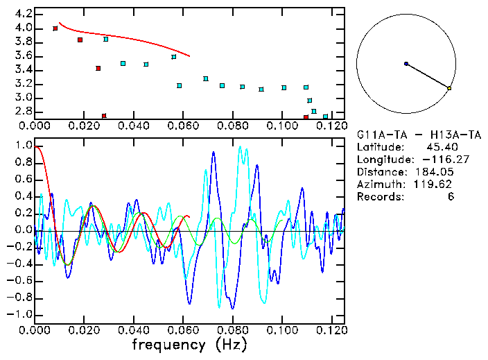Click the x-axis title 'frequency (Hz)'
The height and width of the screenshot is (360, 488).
tap(189, 345)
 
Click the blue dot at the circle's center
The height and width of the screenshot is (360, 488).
tap(406, 64)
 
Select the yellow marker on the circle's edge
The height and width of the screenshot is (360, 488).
tap(449, 88)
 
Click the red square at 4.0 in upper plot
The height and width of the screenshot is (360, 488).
tap(55, 28)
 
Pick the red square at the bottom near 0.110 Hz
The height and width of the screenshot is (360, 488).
tap(306, 117)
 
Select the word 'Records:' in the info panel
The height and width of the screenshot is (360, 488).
tap(380, 196)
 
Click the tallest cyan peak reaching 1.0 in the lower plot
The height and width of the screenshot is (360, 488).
tap(240, 147)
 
